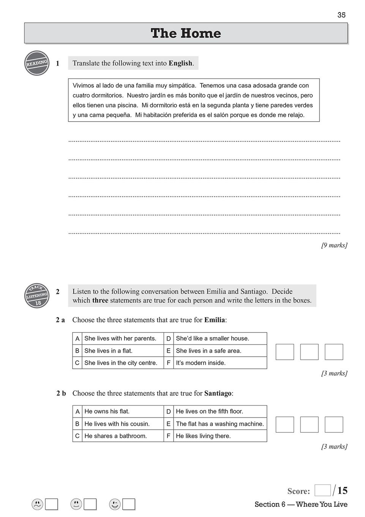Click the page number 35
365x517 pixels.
point(341,15)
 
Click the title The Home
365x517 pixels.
point(186,33)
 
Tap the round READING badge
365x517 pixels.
point(37,63)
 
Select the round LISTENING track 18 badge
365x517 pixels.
point(37,295)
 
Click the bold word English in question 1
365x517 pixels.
point(180,63)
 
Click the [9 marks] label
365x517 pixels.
point(334,245)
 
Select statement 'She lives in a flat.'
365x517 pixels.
point(108,350)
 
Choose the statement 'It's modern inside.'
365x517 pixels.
point(201,363)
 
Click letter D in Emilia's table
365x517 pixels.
point(169,338)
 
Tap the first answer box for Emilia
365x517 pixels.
point(285,352)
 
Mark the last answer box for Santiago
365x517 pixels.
point(334,424)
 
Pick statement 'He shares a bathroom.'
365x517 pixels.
point(115,436)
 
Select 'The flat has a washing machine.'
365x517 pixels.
point(220,423)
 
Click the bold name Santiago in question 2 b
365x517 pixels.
point(218,393)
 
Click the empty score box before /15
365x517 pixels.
point(322,490)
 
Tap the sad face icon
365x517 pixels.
point(37,504)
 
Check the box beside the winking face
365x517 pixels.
point(129,504)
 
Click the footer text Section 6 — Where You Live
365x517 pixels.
point(301,504)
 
